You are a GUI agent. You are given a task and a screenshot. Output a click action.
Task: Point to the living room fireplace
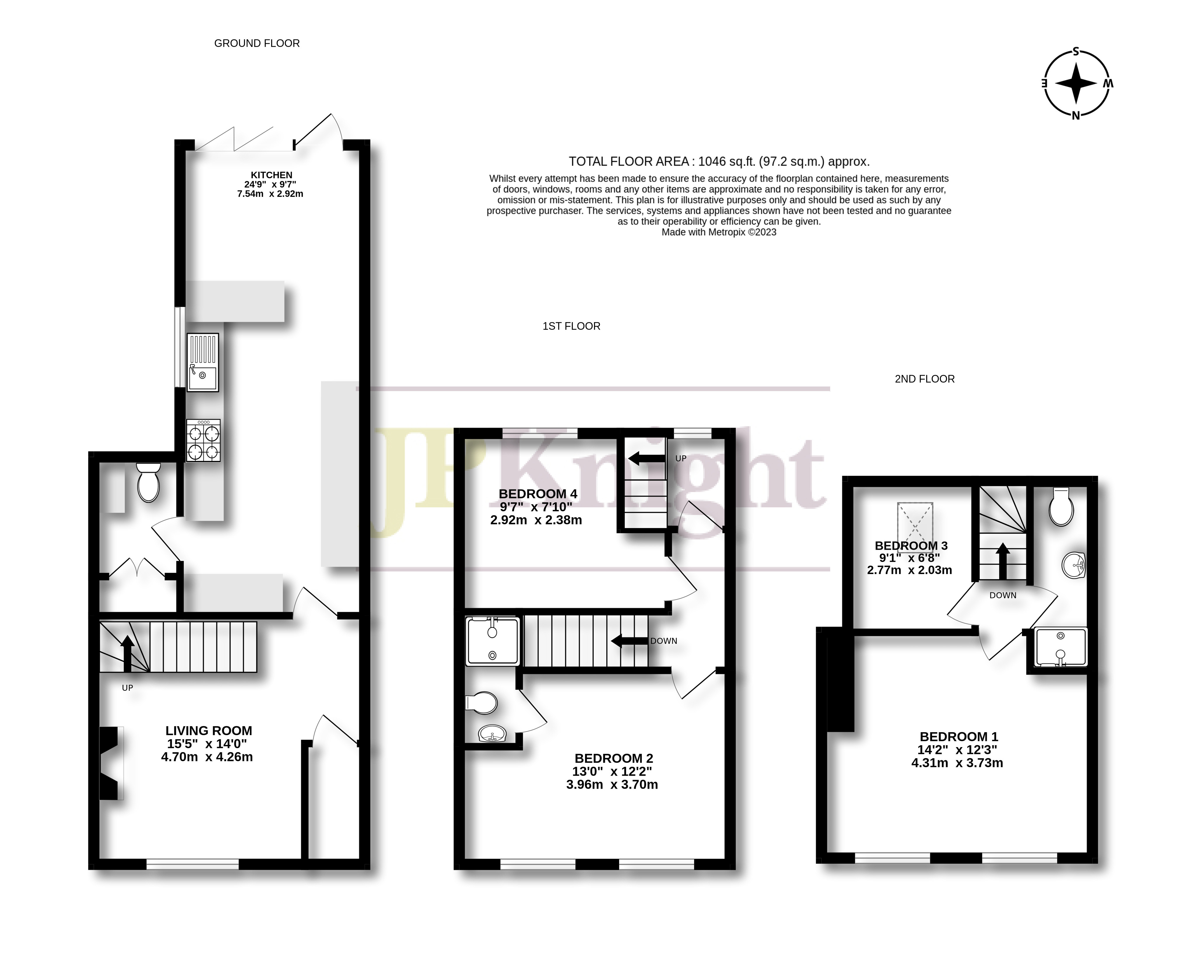pos(110,763)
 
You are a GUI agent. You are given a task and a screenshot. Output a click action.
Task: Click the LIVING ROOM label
pos(209,731)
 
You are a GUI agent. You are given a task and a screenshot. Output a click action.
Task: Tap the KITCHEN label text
pos(271,175)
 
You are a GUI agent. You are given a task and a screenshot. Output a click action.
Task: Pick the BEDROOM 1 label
pos(959,736)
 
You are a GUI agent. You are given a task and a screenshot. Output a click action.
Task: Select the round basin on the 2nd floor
pos(1073,565)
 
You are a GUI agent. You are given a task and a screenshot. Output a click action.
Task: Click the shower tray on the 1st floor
pos(492,641)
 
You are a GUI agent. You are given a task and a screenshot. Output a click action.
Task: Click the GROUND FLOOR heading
pos(257,43)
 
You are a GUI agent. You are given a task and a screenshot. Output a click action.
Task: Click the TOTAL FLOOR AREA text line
pos(719,162)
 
